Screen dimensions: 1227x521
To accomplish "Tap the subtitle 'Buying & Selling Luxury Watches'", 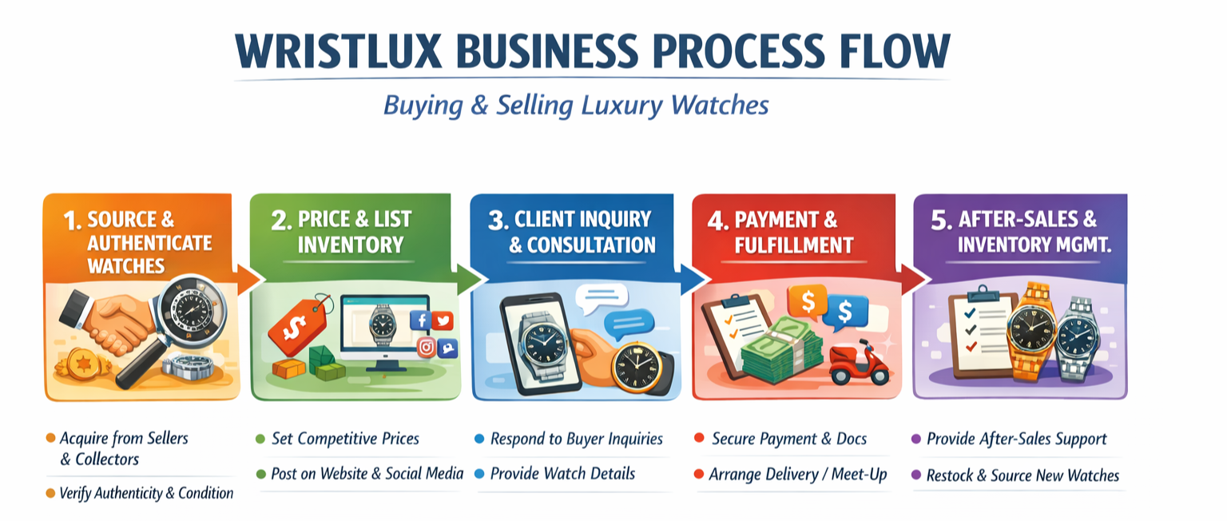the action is [x=575, y=105].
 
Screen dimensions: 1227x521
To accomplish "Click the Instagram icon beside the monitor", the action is [x=427, y=347].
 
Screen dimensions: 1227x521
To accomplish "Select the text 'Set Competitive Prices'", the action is [x=345, y=439].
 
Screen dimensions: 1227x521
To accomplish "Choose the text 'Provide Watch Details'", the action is [x=562, y=474].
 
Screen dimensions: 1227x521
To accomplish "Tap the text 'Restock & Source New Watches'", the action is [x=1022, y=475].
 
